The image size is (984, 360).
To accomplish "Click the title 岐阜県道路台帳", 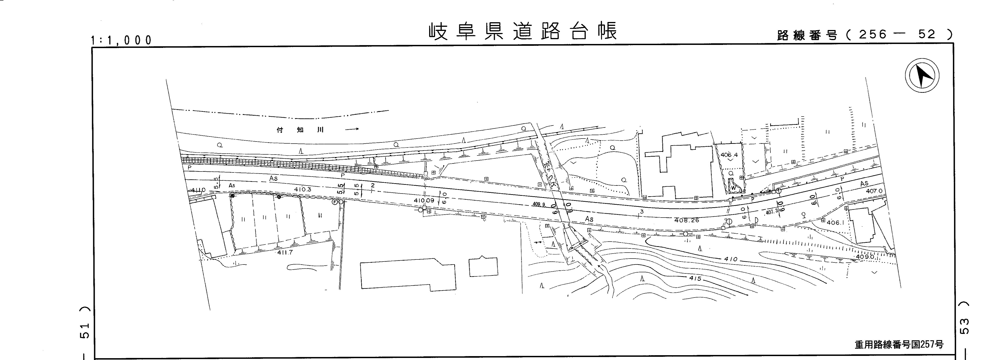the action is click(523, 31).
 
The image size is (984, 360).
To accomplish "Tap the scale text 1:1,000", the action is click(122, 40).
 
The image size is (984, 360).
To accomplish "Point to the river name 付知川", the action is click(300, 130).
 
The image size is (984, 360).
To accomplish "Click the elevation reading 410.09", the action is click(424, 200).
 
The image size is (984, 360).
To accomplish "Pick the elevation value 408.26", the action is click(687, 220).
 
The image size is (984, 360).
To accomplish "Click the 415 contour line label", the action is click(695, 278).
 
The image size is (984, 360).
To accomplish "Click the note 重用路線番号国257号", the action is click(898, 344).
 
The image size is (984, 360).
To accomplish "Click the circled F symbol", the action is click(335, 202).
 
